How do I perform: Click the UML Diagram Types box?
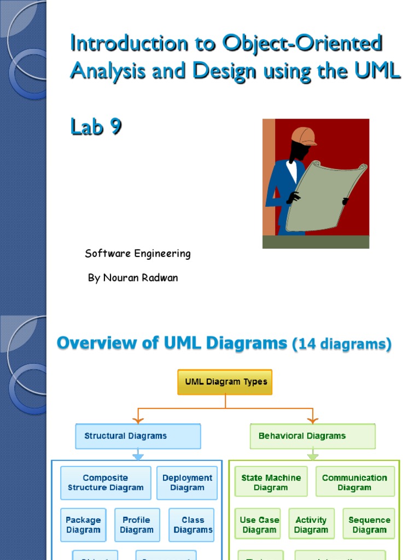[x=225, y=382]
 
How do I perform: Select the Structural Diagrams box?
[x=138, y=436]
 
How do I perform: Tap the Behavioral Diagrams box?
[x=313, y=436]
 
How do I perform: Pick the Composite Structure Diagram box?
[x=106, y=483]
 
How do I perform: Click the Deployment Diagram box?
[x=187, y=483]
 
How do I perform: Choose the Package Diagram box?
[x=83, y=525]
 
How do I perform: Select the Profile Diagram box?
[x=137, y=525]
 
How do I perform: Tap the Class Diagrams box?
[x=191, y=525]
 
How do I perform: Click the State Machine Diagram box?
[x=271, y=482]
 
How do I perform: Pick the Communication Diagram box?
[x=355, y=482]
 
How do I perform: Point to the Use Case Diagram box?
[x=259, y=525]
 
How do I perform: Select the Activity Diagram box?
[x=311, y=525]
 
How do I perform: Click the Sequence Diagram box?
[x=369, y=525]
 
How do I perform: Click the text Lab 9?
[x=96, y=127]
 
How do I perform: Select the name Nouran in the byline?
[x=120, y=278]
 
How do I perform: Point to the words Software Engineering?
[x=138, y=254]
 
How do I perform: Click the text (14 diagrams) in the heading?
[x=342, y=345]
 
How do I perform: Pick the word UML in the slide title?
[x=377, y=71]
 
